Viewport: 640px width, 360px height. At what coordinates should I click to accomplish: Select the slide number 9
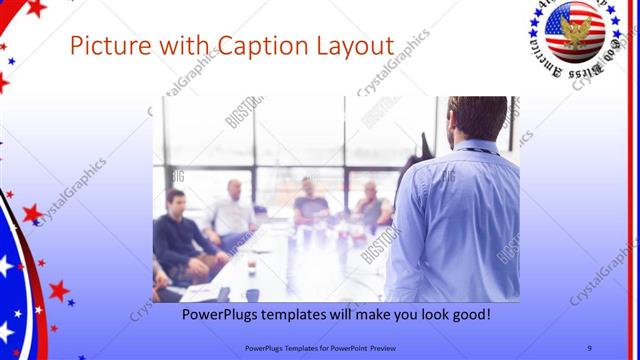coord(589,347)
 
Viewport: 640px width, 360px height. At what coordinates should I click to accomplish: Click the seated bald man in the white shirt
coord(233,210)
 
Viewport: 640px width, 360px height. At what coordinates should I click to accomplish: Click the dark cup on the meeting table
coord(251,267)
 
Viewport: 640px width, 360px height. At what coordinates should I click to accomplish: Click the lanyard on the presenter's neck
coord(469,150)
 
